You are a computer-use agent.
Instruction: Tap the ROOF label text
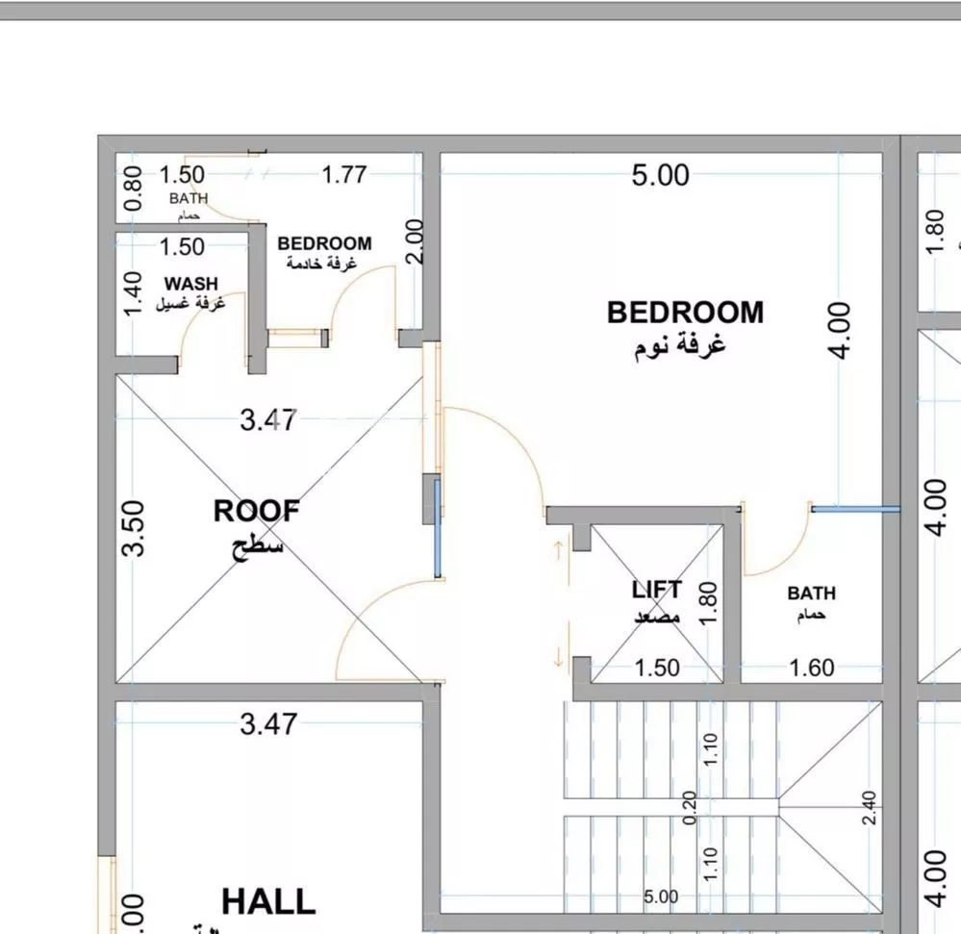tap(256, 512)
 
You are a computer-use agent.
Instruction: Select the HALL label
tap(268, 901)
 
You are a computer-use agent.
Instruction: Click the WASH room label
tap(190, 284)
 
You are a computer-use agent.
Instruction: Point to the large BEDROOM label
tap(685, 313)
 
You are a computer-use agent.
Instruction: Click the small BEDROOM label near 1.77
tap(324, 244)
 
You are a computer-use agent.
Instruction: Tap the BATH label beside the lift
tap(811, 593)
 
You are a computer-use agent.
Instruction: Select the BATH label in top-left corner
tap(189, 198)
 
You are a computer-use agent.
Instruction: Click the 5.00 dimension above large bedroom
tap(660, 175)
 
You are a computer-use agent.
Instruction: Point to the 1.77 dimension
tap(343, 175)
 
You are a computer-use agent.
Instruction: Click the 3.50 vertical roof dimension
tap(135, 527)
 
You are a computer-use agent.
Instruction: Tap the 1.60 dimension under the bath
tap(811, 668)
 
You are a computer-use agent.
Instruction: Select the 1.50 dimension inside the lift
tap(657, 668)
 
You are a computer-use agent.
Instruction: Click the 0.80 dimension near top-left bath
tap(134, 189)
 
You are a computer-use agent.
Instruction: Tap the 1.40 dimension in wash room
tap(134, 291)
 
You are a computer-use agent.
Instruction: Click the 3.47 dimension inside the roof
tap(268, 420)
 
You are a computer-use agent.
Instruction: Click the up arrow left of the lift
tap(557, 551)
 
